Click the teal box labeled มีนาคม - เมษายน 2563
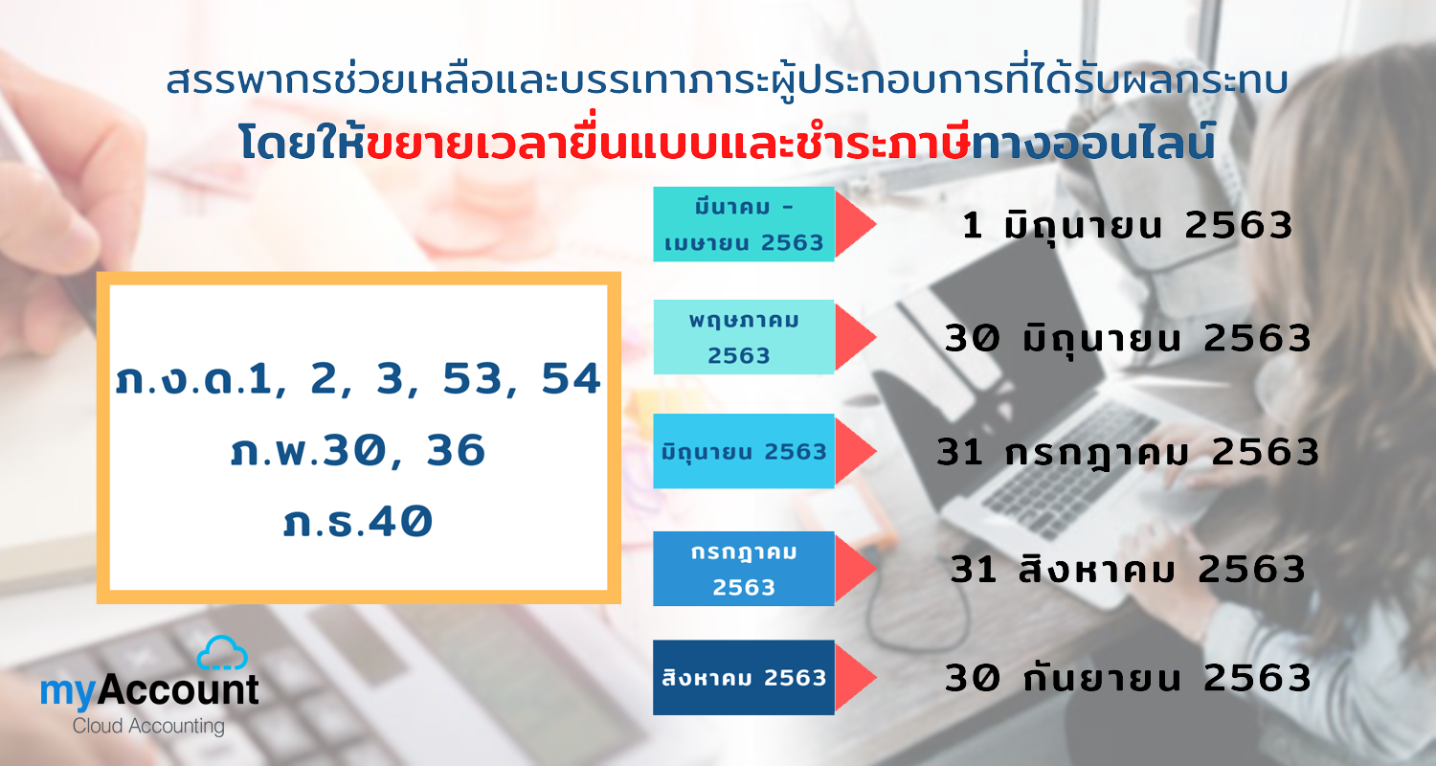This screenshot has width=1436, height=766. tap(744, 224)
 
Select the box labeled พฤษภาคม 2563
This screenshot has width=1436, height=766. tap(744, 337)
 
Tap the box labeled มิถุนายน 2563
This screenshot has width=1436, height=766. tap(744, 451)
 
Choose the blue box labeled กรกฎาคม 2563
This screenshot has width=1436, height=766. tap(744, 569)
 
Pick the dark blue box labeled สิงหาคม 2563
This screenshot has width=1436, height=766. tap(744, 678)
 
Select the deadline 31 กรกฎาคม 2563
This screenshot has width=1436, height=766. tap(1128, 454)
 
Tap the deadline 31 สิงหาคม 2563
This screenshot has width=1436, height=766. tap(1128, 569)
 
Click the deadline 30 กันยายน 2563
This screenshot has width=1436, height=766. tap(1128, 678)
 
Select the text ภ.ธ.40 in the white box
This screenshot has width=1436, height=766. tap(358, 521)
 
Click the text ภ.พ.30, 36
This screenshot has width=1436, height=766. tap(358, 449)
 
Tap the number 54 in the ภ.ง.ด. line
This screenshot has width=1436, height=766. tap(572, 378)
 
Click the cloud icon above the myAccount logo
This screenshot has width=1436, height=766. tap(222, 653)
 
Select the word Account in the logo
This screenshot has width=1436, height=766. tap(177, 689)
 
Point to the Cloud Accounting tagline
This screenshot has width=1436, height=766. tap(148, 726)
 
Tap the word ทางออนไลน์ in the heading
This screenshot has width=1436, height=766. tap(1093, 142)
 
